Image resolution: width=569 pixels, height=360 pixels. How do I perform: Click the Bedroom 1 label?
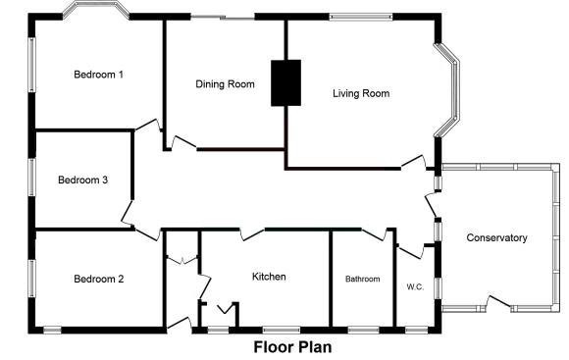click(x=98, y=75)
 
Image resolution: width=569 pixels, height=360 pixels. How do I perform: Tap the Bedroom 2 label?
click(x=98, y=279)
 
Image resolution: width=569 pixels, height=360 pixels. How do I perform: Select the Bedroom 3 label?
click(x=82, y=180)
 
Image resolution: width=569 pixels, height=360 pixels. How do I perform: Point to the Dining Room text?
click(x=225, y=84)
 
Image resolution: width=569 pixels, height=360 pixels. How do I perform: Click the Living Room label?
click(x=361, y=94)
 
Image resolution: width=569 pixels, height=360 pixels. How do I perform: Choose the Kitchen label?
click(x=269, y=277)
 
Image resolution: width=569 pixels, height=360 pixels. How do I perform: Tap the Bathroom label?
click(x=362, y=280)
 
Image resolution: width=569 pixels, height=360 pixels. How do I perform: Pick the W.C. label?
click(x=415, y=287)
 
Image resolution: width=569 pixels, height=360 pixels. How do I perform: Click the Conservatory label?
click(x=496, y=238)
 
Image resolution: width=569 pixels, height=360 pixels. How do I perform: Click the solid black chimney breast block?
click(x=284, y=82)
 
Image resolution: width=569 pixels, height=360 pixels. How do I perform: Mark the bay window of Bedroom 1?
click(x=96, y=11)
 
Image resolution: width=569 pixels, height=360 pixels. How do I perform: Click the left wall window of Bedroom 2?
click(x=31, y=279)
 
